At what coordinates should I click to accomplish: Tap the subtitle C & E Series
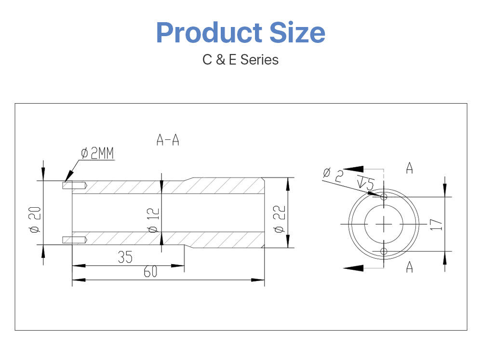(241, 60)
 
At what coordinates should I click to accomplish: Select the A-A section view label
(168, 140)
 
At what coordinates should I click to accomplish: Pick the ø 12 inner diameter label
(153, 220)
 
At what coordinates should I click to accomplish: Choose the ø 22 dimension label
(279, 219)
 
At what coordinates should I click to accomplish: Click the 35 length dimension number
(125, 257)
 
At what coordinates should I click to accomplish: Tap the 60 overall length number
(151, 272)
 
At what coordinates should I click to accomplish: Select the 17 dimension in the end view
(435, 224)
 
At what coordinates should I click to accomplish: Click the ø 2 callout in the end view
(332, 175)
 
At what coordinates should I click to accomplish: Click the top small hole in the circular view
(384, 197)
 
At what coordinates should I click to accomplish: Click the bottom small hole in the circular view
(384, 251)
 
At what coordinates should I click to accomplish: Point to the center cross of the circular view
(384, 224)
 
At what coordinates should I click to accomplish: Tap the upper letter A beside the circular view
(409, 168)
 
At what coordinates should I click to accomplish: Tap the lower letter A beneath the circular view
(409, 267)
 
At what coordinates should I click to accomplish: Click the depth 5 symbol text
(365, 183)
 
